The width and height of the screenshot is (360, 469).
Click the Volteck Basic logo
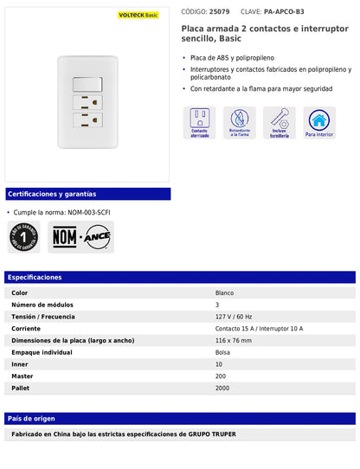(138, 15)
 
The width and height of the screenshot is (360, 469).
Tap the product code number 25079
(220, 12)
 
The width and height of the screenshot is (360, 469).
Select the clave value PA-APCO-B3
(284, 12)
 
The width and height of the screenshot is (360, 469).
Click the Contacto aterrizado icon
(200, 123)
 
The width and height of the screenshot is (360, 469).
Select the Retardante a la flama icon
(240, 123)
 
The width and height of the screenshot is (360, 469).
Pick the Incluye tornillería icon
(280, 123)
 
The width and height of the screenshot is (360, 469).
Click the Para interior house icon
(319, 123)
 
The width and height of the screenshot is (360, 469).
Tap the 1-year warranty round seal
(24, 236)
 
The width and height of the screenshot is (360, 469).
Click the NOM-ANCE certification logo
(80, 236)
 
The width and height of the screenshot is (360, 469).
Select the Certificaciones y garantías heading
(52, 194)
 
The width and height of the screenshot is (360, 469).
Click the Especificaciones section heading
(35, 278)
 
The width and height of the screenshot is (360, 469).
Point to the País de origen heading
(33, 418)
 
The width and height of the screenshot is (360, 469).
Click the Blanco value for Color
(225, 293)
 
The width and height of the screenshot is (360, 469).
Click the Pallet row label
(21, 389)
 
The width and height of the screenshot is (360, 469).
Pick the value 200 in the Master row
(221, 376)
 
